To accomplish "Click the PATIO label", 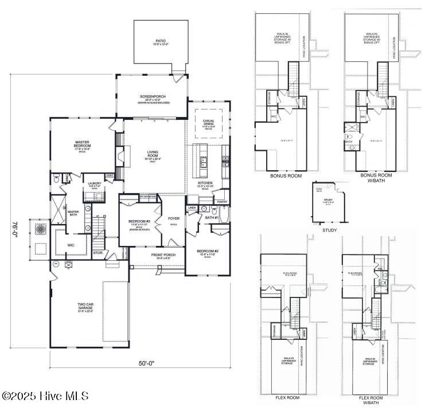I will click(161, 42).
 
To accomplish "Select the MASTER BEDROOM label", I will click(84, 143).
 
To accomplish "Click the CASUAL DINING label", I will click(208, 122).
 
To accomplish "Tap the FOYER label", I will click(173, 219).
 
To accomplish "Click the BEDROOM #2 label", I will click(208, 252).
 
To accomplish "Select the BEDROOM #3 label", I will click(139, 222).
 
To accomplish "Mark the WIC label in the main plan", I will click(71, 245).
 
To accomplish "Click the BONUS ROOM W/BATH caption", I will click(376, 177).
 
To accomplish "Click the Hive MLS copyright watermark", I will click(46, 396).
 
